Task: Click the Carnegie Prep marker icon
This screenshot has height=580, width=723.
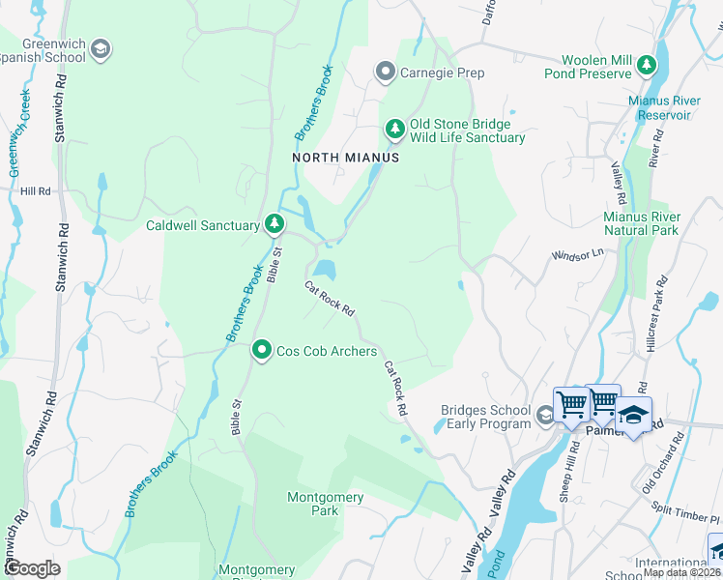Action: pyautogui.click(x=386, y=72)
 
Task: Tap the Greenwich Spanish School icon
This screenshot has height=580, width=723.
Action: pyautogui.click(x=100, y=48)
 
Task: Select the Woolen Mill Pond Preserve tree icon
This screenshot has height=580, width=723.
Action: pyautogui.click(x=647, y=66)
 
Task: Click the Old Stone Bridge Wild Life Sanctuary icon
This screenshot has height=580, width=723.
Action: pyautogui.click(x=394, y=129)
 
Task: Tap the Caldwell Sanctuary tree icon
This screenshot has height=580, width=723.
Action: pyautogui.click(x=275, y=225)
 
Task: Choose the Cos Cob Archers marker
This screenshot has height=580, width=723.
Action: pyautogui.click(x=262, y=350)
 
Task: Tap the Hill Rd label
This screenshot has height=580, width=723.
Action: pyautogui.click(x=35, y=191)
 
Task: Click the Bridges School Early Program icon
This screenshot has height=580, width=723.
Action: pyautogui.click(x=545, y=416)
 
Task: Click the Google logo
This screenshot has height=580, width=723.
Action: pyautogui.click(x=33, y=568)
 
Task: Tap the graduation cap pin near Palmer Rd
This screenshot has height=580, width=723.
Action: pyautogui.click(x=633, y=415)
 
